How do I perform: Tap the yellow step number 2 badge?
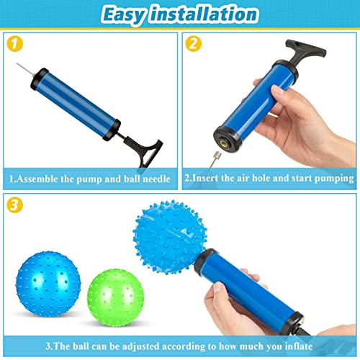[192, 42]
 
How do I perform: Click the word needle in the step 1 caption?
[156, 177]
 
